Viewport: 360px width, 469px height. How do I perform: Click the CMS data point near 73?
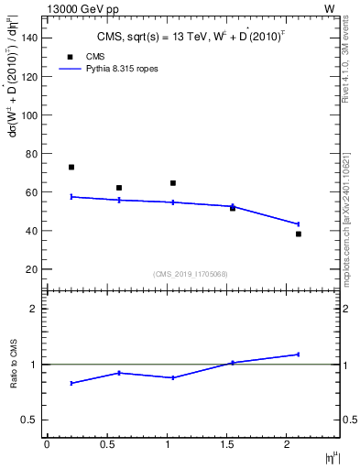(71, 167)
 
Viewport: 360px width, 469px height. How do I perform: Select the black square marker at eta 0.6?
(119, 188)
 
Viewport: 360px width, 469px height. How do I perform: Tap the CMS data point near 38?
(299, 234)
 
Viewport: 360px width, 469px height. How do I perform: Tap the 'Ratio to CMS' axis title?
(15, 365)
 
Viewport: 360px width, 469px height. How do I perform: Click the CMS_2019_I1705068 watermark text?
(192, 274)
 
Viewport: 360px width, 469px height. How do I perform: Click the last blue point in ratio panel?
(299, 354)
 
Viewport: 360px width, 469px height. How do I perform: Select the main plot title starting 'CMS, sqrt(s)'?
(192, 37)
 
